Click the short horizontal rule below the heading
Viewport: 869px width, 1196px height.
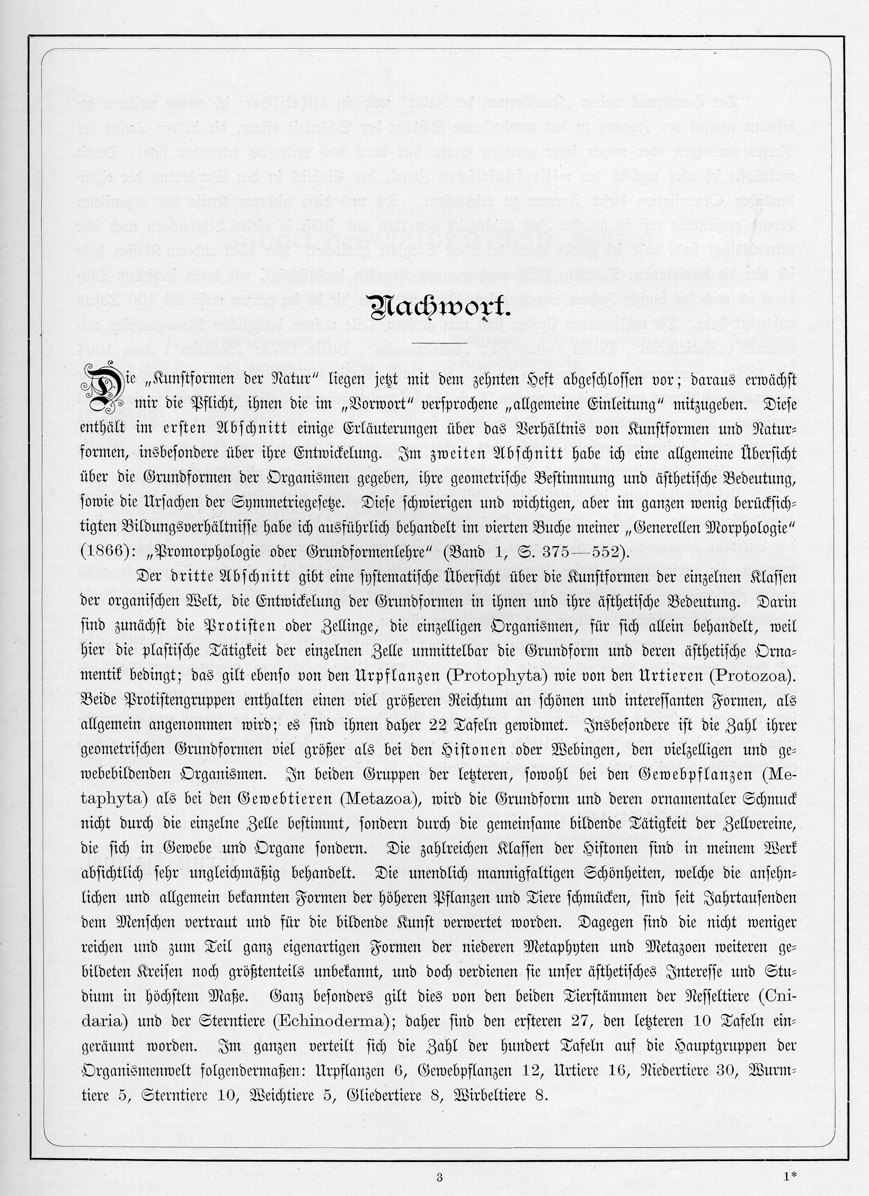coord(434,345)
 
